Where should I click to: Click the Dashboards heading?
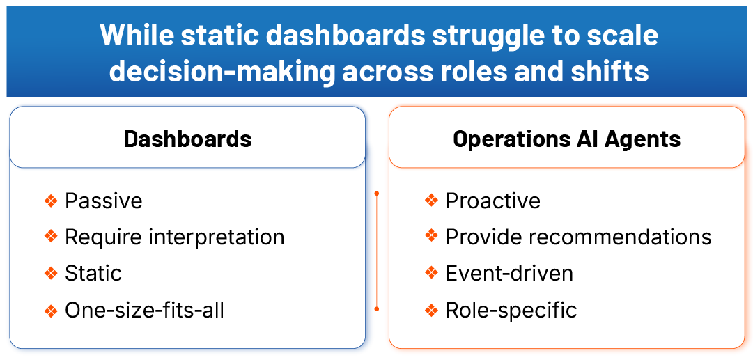click(x=187, y=139)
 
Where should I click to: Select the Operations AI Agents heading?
click(x=566, y=139)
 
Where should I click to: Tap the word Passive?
click(x=103, y=201)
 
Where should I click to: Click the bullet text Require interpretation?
click(x=174, y=237)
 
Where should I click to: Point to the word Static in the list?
click(x=93, y=273)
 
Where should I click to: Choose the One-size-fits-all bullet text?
click(x=144, y=309)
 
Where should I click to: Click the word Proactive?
click(x=492, y=201)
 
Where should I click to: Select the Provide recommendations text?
click(x=578, y=237)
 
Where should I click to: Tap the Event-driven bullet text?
click(x=509, y=273)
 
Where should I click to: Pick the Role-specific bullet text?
click(x=511, y=309)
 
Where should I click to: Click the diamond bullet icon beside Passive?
click(x=50, y=201)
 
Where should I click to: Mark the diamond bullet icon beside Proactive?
click(x=431, y=201)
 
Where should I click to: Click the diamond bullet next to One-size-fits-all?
click(x=50, y=309)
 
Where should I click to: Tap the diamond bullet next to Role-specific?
click(x=431, y=309)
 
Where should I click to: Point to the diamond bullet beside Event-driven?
click(x=431, y=273)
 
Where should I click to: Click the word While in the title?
click(x=135, y=35)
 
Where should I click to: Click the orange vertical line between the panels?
click(x=376, y=251)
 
